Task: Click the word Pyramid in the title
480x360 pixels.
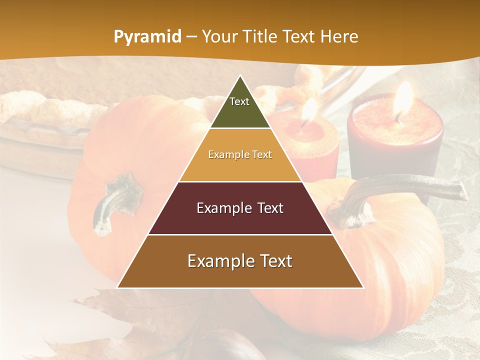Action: tap(147, 37)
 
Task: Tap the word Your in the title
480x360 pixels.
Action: tap(218, 37)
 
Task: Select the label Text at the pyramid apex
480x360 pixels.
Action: tap(239, 101)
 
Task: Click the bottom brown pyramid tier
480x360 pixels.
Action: tap(240, 275)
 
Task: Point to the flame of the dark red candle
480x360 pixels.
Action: tap(402, 100)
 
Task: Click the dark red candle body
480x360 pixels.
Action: tap(395, 150)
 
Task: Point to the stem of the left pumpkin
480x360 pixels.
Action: tap(112, 202)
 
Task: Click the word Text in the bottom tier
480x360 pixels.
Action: tap(272, 261)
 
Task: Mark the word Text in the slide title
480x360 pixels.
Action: tap(299, 37)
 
